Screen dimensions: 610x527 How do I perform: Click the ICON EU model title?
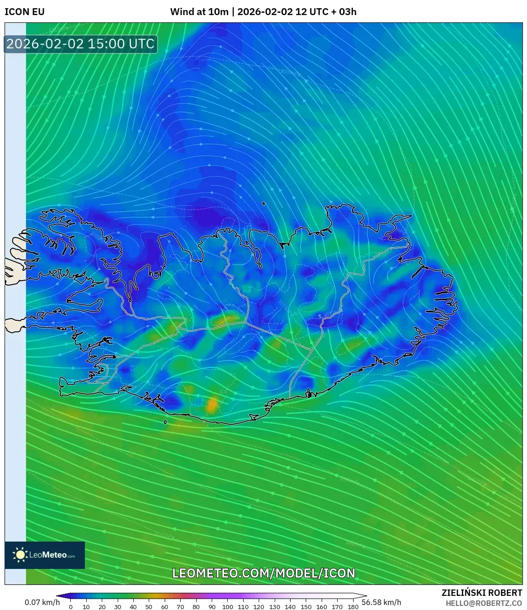[25, 12]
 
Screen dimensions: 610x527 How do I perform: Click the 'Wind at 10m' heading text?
[199, 12]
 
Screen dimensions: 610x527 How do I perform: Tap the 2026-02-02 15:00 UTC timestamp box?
[80, 44]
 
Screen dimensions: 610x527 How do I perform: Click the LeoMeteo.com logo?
[45, 555]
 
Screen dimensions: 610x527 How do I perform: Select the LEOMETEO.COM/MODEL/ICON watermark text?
[263, 573]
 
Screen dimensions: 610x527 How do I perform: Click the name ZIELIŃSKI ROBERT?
[481, 593]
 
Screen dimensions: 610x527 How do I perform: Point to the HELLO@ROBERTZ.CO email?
[484, 603]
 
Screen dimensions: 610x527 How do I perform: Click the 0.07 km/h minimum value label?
[42, 602]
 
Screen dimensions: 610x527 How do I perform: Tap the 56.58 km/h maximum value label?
[381, 602]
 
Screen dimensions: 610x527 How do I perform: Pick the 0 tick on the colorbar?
[71, 606]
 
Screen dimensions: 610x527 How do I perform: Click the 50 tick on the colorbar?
[149, 606]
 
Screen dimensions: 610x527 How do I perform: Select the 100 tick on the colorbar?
[227, 606]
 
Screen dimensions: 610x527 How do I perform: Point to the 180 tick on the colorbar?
[353, 606]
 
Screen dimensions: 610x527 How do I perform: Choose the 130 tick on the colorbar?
[274, 606]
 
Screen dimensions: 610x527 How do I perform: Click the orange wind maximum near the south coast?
[211, 404]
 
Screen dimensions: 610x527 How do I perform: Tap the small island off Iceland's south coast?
[165, 422]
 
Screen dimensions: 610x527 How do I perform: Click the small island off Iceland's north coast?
[264, 204]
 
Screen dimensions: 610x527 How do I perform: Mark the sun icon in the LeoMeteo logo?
[21, 555]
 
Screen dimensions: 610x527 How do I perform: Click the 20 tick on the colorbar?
[102, 606]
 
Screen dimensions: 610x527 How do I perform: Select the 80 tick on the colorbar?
[196, 606]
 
